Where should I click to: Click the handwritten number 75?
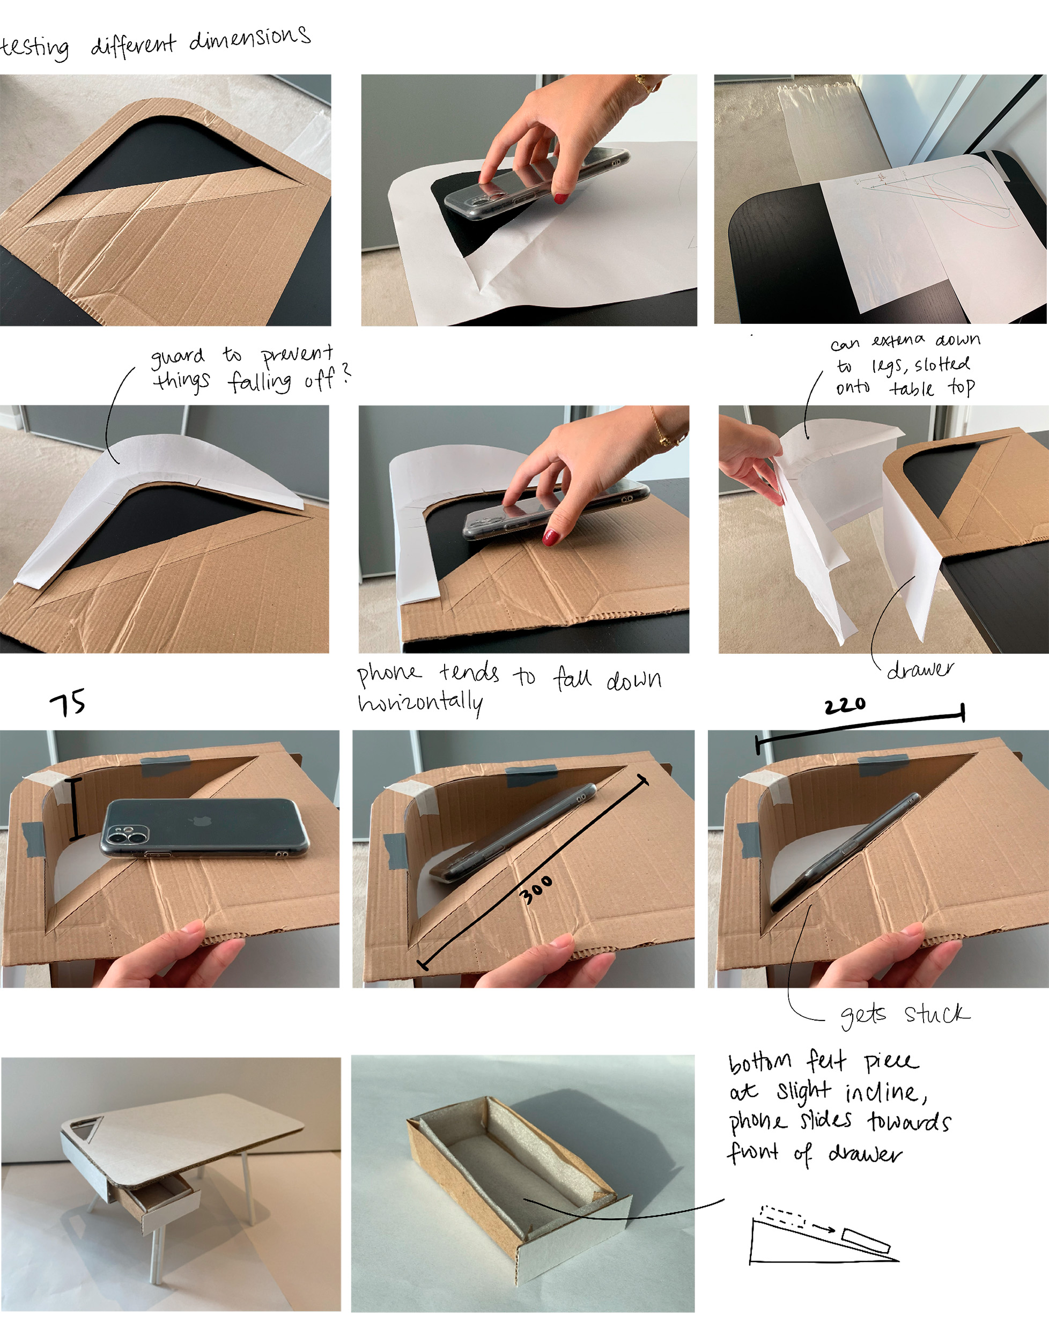[68, 703]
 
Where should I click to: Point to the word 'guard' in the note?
[178, 357]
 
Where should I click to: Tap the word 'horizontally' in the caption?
[420, 703]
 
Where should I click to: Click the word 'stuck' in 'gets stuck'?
[936, 1013]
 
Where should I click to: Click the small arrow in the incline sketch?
[824, 1228]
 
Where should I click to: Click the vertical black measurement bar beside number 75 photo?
[76, 809]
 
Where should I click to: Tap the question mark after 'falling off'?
[346, 373]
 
